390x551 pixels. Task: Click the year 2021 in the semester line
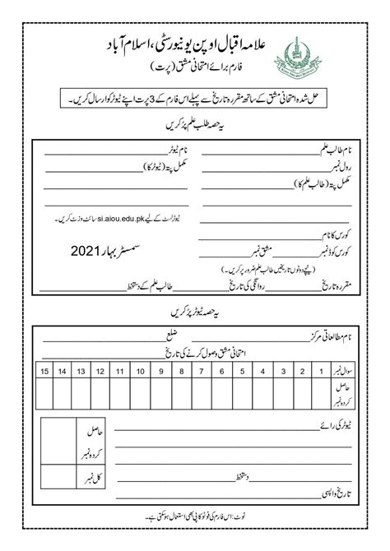88,248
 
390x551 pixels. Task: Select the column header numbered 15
46,373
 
